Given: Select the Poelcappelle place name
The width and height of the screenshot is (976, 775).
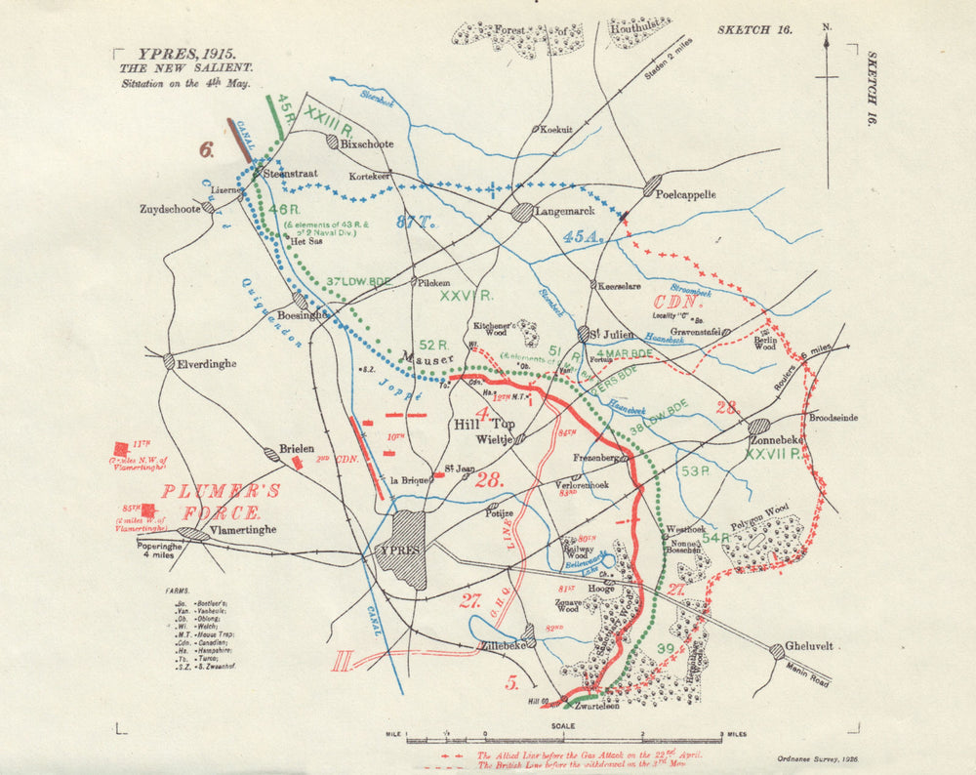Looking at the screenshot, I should [x=689, y=194].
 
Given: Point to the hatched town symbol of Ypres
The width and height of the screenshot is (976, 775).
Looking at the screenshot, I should [x=406, y=550].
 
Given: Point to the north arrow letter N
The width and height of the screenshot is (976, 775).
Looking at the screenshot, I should [x=827, y=28].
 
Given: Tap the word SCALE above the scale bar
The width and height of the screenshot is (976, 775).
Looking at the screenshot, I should [x=562, y=725].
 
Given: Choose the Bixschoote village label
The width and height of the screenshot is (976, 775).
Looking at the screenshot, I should [x=367, y=143].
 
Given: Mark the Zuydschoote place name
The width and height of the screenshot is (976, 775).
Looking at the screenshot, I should [x=170, y=209].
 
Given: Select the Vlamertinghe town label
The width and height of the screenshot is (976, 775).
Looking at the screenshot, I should [x=244, y=530].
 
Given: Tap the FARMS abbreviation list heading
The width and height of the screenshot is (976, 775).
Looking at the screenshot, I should [x=178, y=591].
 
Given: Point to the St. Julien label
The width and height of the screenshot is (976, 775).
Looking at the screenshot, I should [x=616, y=332].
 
